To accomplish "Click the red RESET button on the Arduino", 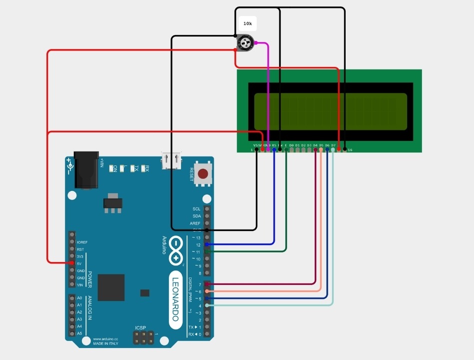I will (203, 174).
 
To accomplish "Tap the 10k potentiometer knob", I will (244, 43).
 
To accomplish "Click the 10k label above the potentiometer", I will (247, 23).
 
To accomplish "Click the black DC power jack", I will (86, 170).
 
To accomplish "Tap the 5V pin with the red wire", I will (72, 263).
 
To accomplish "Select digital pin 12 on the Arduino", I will (207, 244).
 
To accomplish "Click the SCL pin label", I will (196, 209).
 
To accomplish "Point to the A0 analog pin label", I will (79, 298).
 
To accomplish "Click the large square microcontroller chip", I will (111, 287).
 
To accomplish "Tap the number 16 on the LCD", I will (350, 150).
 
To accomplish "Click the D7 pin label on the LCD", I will (333, 145).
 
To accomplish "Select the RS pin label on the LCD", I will (274, 145).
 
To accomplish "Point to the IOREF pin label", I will (82, 242).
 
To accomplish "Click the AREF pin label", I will (195, 223).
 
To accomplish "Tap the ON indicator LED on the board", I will (115, 168).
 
